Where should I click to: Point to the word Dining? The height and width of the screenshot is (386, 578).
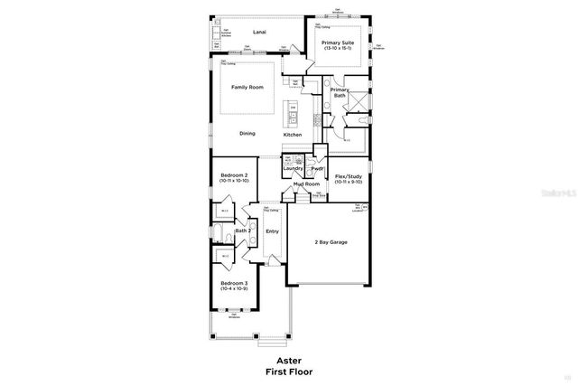click(247, 134)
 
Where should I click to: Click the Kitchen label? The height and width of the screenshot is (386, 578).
click(293, 135)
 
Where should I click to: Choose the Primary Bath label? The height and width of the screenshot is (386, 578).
click(340, 92)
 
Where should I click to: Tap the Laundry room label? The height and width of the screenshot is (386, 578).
click(293, 169)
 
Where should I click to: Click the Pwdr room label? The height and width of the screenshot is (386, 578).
click(317, 169)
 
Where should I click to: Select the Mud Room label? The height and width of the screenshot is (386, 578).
click(306, 184)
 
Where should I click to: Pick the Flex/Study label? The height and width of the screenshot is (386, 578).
click(349, 176)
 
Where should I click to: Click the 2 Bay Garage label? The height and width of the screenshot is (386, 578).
click(331, 242)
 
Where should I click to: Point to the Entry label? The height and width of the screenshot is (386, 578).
click(271, 231)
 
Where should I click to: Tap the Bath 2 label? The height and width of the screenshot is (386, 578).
click(242, 231)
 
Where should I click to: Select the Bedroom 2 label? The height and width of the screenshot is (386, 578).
click(234, 176)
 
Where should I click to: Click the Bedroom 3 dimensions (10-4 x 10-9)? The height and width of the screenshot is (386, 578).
click(234, 289)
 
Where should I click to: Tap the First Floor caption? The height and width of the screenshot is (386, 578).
click(288, 372)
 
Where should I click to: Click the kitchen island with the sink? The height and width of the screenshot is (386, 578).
click(293, 112)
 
